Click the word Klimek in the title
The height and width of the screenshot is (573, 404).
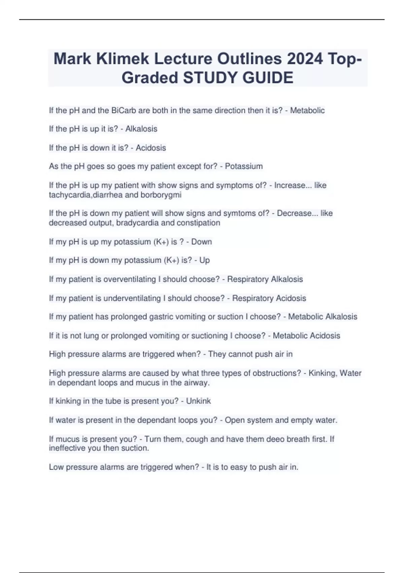click(x=123, y=59)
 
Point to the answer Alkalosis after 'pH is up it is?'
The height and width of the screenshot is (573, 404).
click(x=141, y=129)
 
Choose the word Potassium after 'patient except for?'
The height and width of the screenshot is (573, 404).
click(x=244, y=166)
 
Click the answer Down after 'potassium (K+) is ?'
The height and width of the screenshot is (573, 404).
click(x=202, y=242)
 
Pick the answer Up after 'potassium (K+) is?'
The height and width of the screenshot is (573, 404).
click(x=204, y=260)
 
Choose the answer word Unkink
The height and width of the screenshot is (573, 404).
click(x=198, y=401)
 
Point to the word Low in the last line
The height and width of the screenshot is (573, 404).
click(x=56, y=467)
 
